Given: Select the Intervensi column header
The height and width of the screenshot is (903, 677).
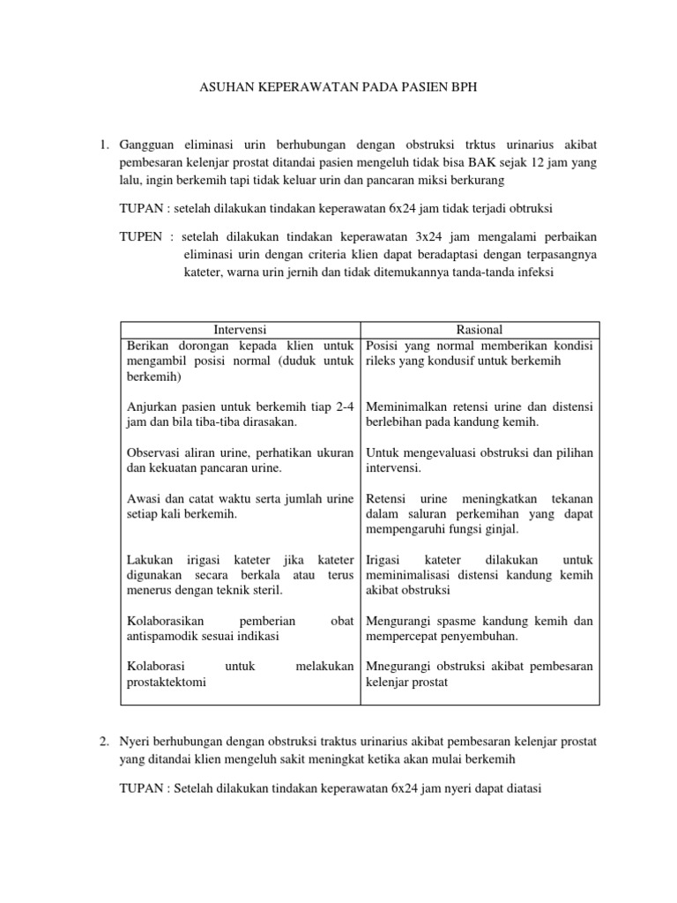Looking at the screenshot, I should coord(240,330).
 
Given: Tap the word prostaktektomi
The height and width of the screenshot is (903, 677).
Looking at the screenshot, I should coord(167,682).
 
